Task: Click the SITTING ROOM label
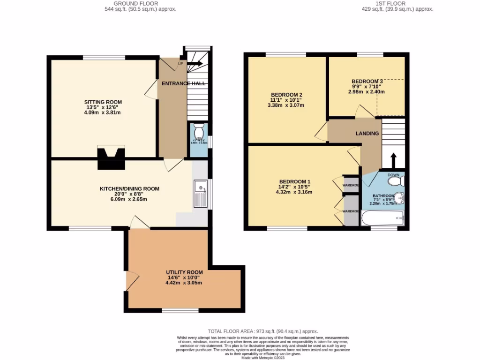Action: tap(103, 102)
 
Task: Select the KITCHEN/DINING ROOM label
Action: tap(129, 189)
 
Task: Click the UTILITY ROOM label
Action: tap(184, 272)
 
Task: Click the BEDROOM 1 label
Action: tap(294, 181)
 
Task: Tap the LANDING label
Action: tap(367, 134)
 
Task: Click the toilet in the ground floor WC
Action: tap(198, 130)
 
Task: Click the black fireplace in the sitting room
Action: tap(111, 158)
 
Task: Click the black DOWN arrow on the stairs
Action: tap(393, 160)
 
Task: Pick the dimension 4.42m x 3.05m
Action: tap(184, 283)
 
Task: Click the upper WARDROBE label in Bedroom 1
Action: tap(351, 185)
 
